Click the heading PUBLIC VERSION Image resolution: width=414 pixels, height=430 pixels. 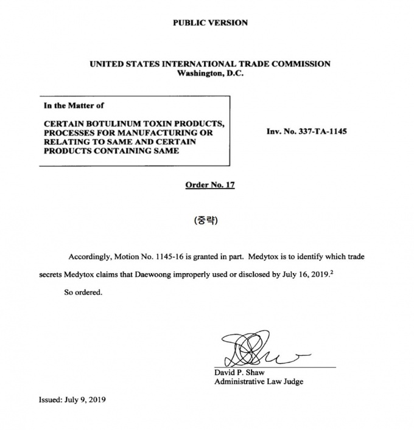210,23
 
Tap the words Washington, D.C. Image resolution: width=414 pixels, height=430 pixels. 210,74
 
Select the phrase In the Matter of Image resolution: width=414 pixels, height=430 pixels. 74,105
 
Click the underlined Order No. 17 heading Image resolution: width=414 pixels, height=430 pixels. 209,185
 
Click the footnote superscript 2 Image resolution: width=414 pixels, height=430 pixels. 332,272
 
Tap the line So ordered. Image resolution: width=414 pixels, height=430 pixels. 83,292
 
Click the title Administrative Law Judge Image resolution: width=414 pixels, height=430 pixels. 259,382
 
